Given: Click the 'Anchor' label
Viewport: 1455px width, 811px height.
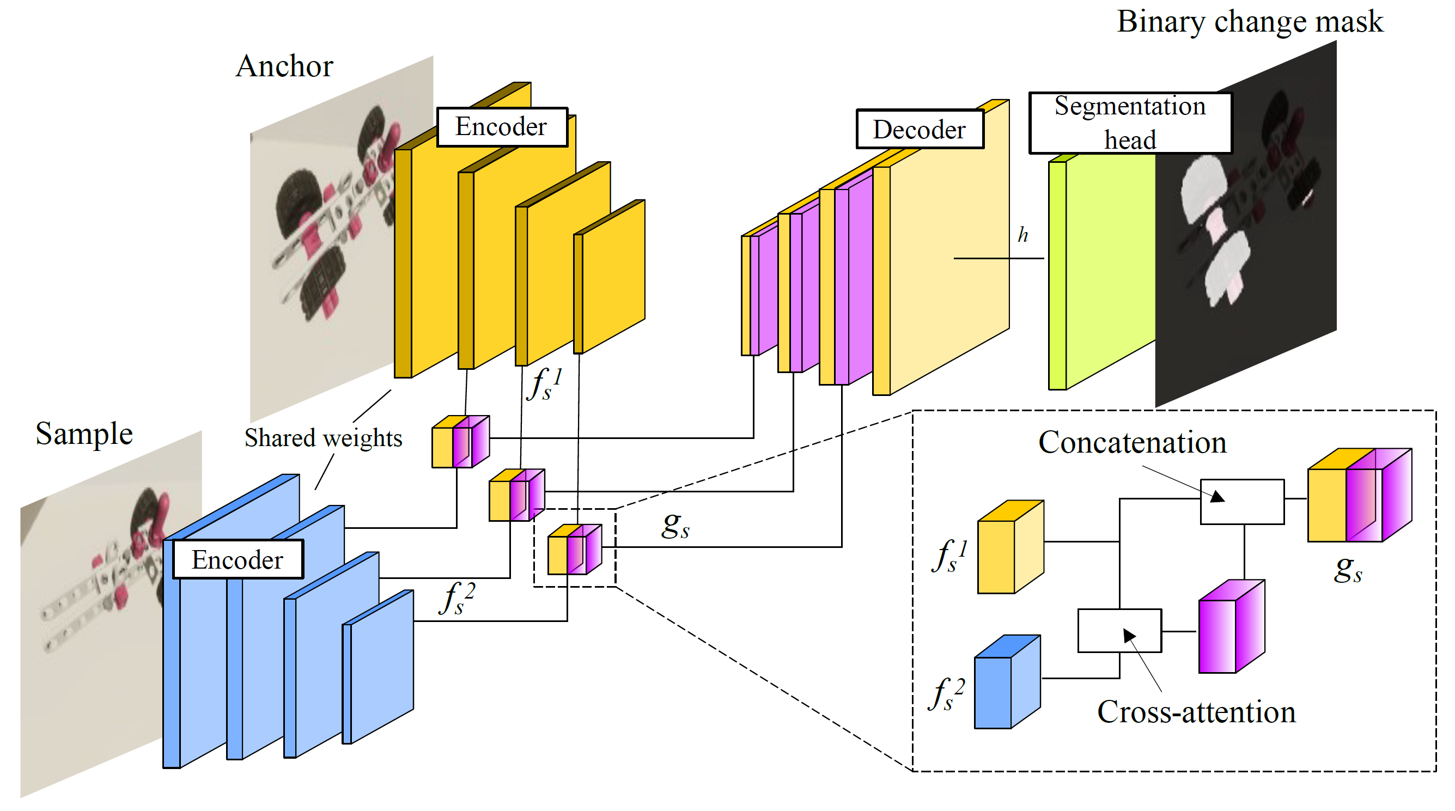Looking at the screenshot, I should coord(284,66).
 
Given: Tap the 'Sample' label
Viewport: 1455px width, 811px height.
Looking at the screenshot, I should coord(84,434).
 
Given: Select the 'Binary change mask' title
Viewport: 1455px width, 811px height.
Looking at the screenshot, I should coord(1250,22).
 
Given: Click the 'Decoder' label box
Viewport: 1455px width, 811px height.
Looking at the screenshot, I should coord(919,129).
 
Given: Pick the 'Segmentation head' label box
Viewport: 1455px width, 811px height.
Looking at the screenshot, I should coord(1130,123).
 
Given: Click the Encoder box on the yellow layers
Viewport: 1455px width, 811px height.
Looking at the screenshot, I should coord(502,126).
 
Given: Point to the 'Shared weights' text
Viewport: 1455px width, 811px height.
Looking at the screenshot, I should coord(323,438).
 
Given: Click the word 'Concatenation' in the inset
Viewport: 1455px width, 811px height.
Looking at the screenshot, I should coord(1132,442).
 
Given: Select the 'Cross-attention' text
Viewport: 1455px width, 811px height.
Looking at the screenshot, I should coord(1196,712).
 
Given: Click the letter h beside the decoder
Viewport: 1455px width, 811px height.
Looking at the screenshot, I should coord(1022,234).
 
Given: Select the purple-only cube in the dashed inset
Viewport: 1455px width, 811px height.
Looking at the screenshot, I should coord(1231,627).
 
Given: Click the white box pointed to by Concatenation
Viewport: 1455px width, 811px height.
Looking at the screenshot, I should coord(1241,502).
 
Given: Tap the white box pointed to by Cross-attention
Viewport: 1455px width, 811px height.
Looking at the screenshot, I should coord(1119,630).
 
